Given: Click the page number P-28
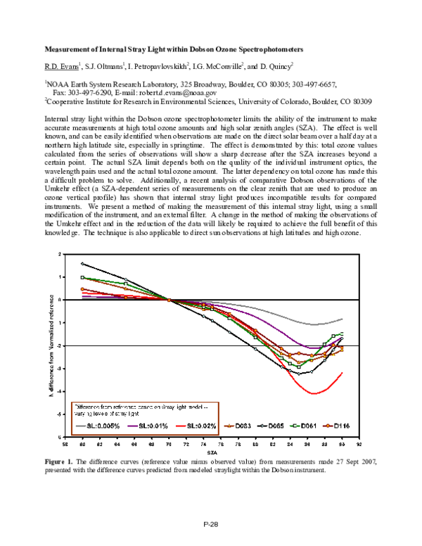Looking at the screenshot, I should pyautogui.click(x=210, y=523).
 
